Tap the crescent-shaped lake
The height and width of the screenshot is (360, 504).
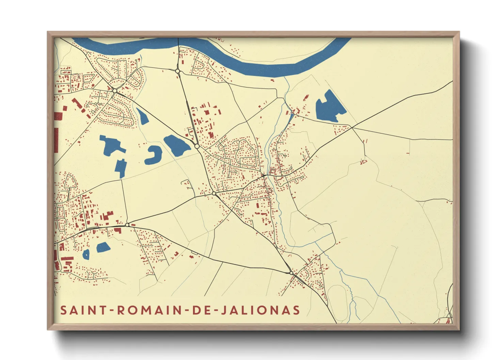(x=153, y=155)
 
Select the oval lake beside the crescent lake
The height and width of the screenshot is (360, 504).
(x=177, y=145)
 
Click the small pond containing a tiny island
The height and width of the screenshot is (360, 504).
(x=86, y=254)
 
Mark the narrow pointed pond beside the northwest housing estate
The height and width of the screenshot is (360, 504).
(x=142, y=116)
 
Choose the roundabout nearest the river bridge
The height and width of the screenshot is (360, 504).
(x=177, y=71)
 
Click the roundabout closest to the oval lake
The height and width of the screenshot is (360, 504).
(x=197, y=146)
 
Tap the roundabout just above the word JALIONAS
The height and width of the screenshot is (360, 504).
(x=290, y=273)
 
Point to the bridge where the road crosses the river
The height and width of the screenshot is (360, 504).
(x=178, y=43)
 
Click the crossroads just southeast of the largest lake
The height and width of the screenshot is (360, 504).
(x=352, y=128)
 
